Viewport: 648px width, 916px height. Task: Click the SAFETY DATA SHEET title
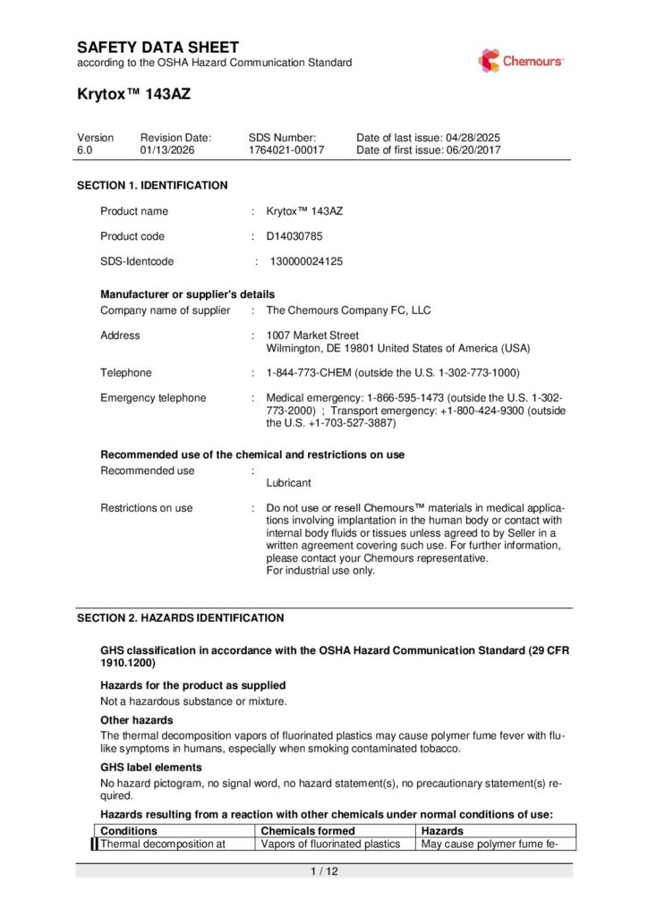(x=158, y=47)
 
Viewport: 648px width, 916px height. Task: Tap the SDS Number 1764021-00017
(x=286, y=150)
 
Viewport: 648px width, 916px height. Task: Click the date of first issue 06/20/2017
(x=473, y=150)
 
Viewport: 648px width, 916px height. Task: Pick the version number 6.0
(x=84, y=150)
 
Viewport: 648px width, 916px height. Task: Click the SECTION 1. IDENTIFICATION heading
(x=152, y=185)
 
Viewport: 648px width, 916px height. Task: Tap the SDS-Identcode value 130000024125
(x=306, y=262)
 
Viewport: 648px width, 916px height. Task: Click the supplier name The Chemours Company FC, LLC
(x=348, y=310)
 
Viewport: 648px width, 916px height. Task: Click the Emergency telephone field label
(x=153, y=398)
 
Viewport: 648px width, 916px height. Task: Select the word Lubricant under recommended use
(x=289, y=482)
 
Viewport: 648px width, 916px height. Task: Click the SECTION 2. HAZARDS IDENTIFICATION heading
(x=180, y=618)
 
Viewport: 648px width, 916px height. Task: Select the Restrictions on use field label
(x=146, y=508)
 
